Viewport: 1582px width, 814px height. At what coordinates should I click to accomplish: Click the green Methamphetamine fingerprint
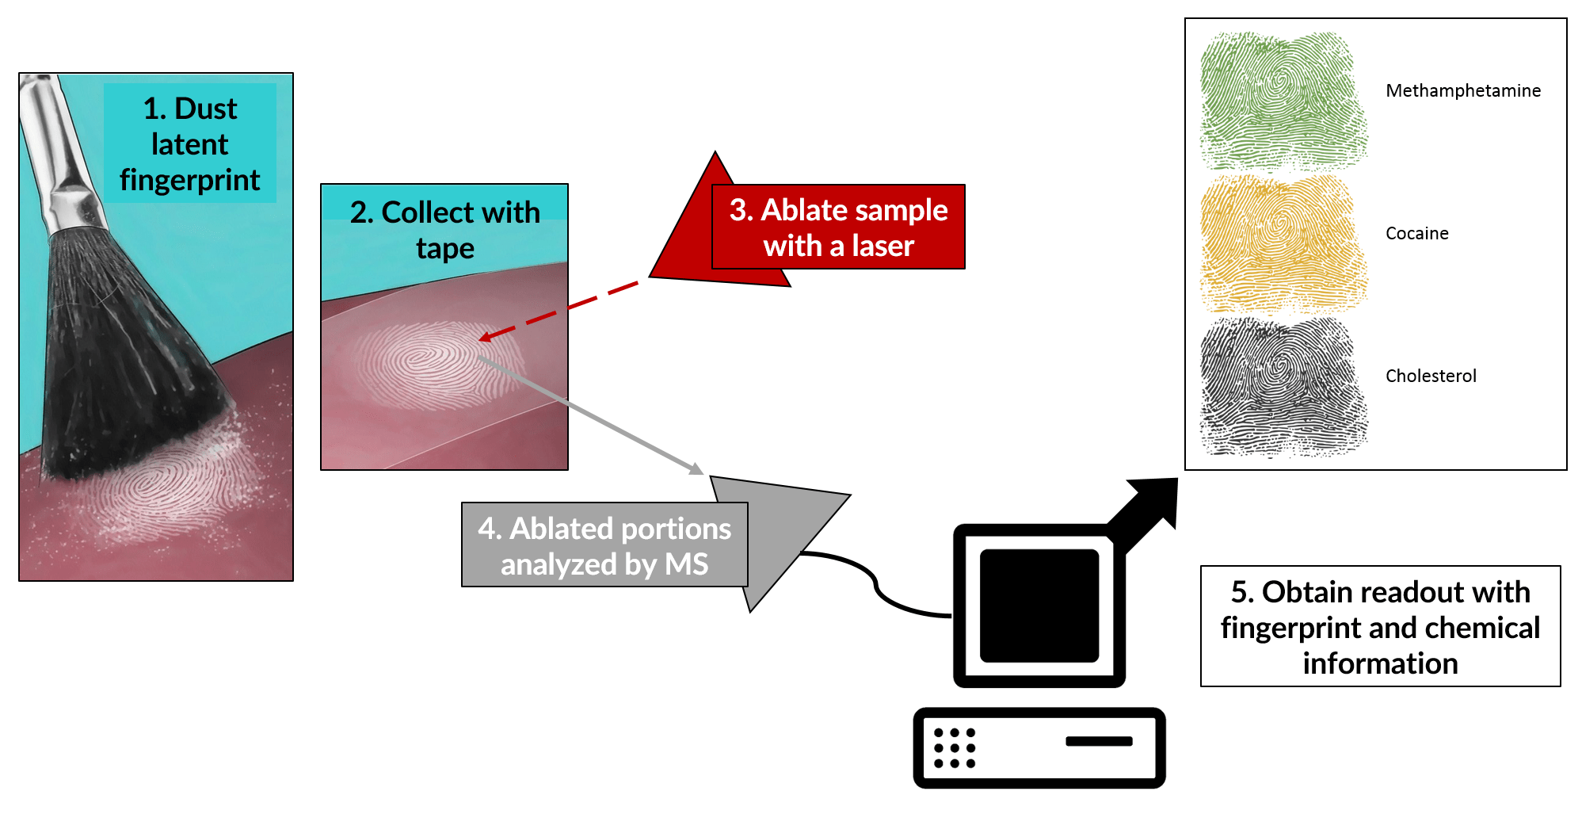click(1283, 101)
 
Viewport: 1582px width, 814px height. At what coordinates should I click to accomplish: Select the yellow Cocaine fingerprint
click(1283, 243)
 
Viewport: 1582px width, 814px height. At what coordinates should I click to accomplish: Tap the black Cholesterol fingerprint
click(1283, 387)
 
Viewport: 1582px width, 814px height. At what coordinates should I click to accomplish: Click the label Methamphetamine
click(1463, 91)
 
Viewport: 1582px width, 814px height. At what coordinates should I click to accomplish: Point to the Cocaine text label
click(1416, 234)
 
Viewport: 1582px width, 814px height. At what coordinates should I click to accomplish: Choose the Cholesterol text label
click(1431, 376)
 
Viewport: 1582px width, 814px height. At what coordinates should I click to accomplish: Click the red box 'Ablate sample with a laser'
click(838, 227)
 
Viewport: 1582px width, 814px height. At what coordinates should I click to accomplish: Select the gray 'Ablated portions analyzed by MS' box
click(604, 545)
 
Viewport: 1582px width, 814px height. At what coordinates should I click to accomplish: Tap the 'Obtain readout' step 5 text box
click(1380, 627)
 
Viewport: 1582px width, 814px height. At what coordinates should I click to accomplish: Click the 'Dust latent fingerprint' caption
click(190, 144)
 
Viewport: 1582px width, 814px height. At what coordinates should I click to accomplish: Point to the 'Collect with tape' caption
click(444, 230)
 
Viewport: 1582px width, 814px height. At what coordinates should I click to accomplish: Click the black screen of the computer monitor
click(1039, 606)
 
